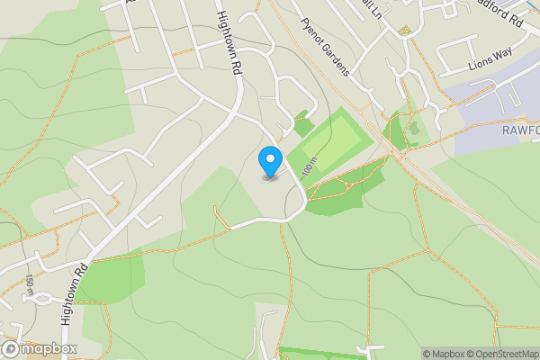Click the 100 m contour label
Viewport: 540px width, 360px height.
310,166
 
